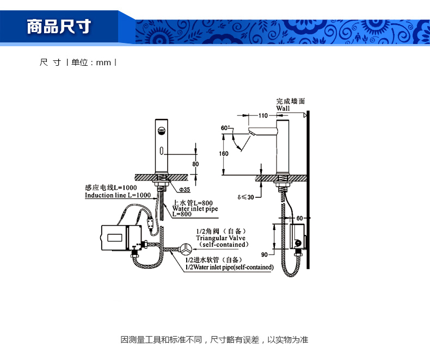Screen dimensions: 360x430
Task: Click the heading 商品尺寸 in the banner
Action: pos(58,27)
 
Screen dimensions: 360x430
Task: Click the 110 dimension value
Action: pos(263,116)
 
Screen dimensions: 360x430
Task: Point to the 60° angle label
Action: pos(225,128)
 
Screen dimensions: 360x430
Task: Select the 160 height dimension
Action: pos(224,153)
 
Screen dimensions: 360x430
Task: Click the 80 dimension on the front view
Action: pos(195,164)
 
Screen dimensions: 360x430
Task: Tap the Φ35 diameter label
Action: pos(185,189)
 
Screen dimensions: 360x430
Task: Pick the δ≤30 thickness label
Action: pos(246,197)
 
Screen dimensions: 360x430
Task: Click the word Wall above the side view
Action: pos(283,108)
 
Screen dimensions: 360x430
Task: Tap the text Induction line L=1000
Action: pos(118,195)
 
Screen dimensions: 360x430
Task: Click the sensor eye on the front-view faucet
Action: pos(162,131)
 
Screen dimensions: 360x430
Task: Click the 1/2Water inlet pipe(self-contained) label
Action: pos(229,267)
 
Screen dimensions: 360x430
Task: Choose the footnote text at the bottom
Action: pos(214,340)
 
